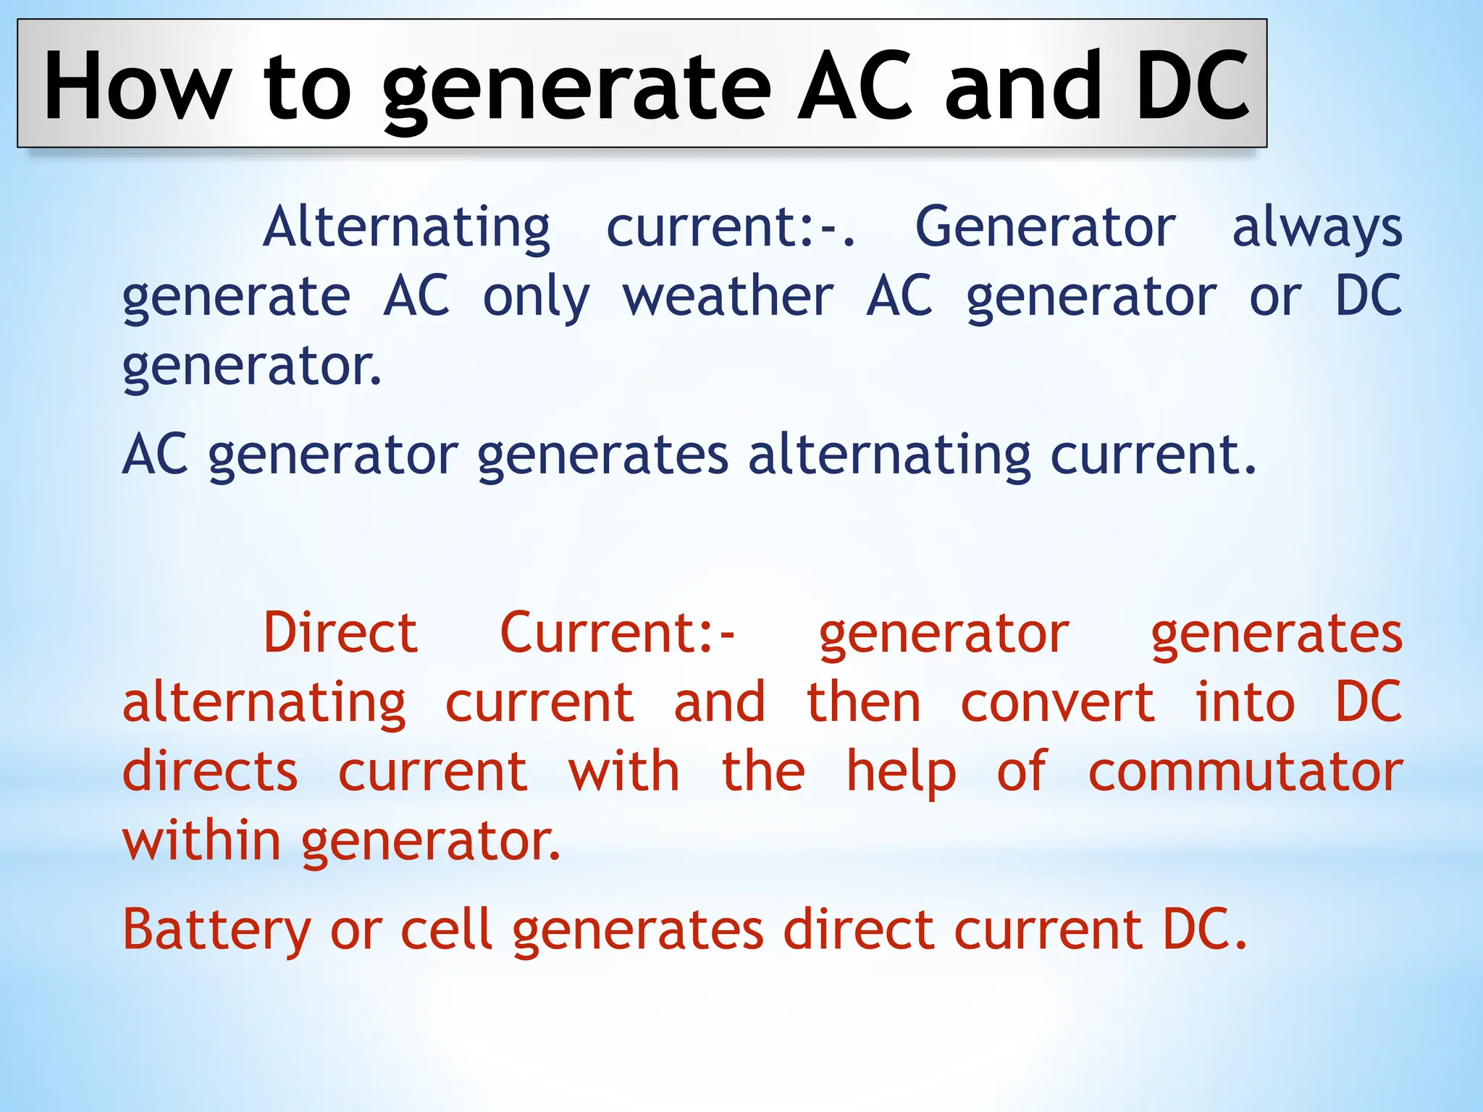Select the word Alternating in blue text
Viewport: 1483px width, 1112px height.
coord(406,227)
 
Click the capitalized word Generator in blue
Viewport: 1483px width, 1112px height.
coord(1045,227)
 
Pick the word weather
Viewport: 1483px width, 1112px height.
coord(728,297)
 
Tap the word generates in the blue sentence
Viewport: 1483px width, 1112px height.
coord(602,456)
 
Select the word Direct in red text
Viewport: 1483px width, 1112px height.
coord(340,633)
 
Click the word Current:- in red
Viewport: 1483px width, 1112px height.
coord(618,633)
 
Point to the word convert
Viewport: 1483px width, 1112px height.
coord(1057,702)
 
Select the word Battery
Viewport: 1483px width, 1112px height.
coord(217,930)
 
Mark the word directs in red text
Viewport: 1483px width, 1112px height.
coord(210,772)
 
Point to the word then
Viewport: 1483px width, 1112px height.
coord(864,702)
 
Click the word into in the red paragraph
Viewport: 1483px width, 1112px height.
coord(1245,702)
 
